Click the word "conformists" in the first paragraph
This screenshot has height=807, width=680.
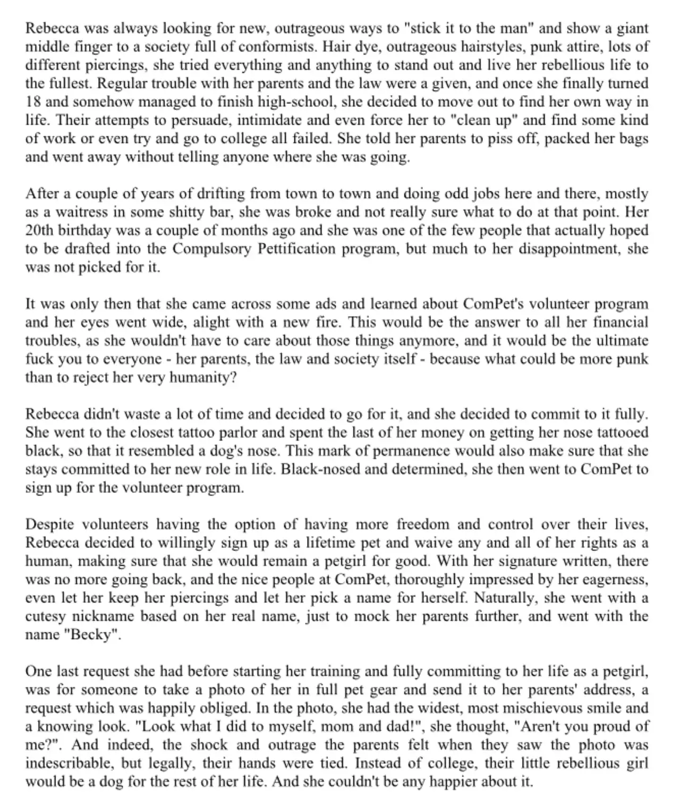pos(277,47)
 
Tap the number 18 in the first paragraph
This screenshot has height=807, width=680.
pos(33,102)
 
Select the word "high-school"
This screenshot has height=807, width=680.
pos(305,102)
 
